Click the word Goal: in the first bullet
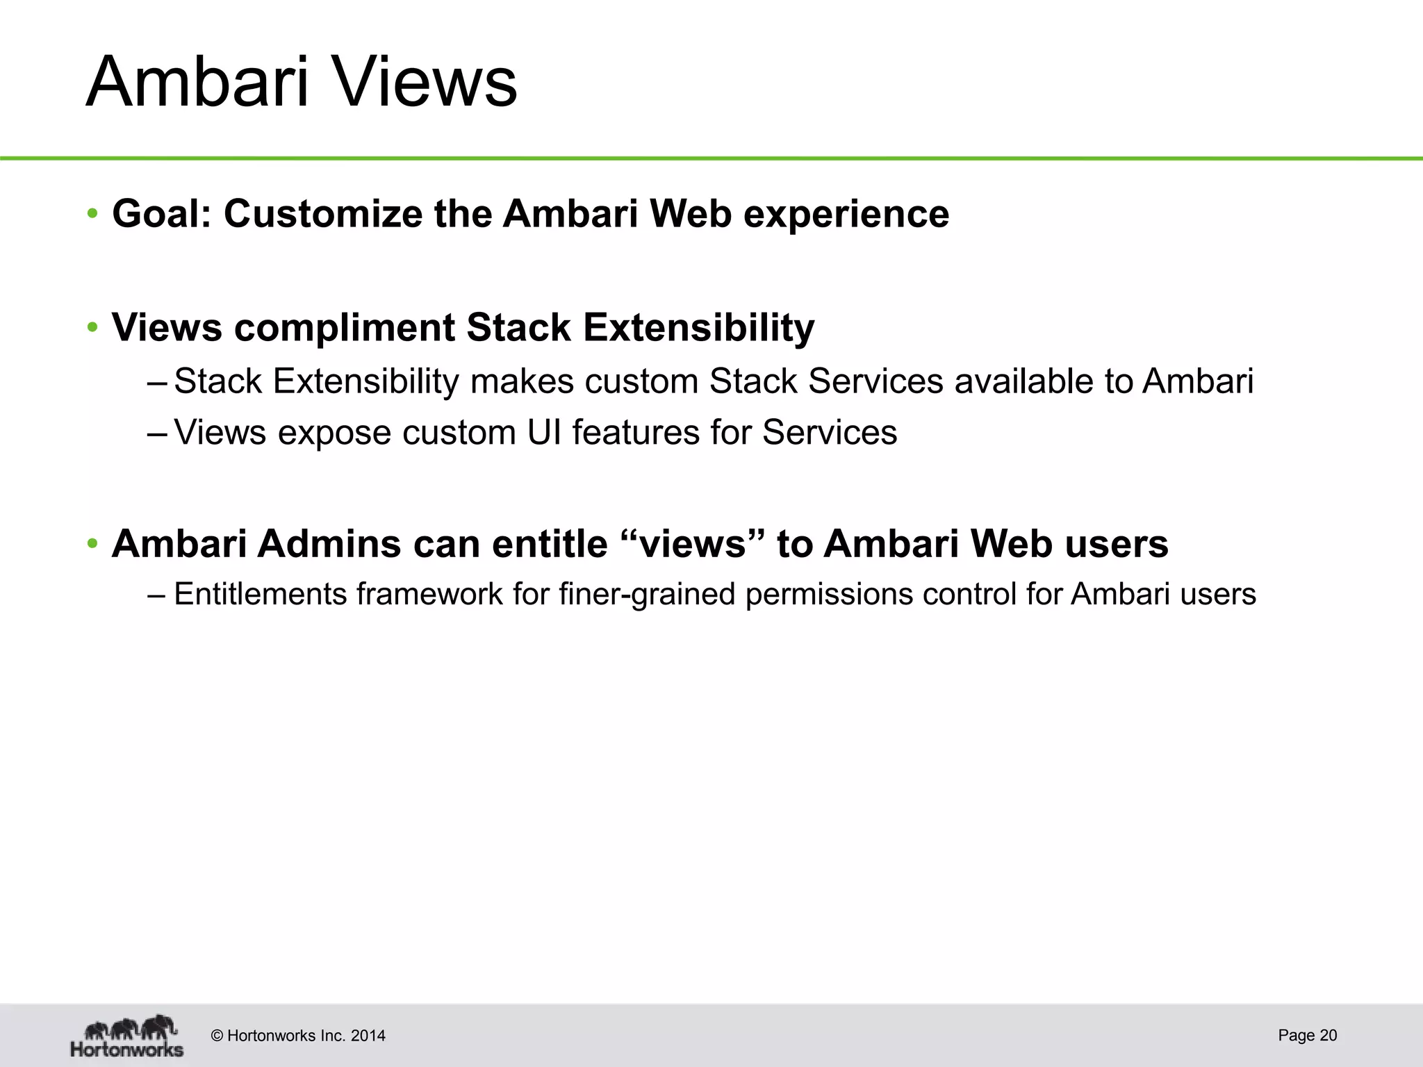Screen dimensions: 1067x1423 (x=161, y=213)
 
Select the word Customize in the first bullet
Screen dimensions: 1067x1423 (x=322, y=213)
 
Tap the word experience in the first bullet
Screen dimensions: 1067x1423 (x=846, y=213)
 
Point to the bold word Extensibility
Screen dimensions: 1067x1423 (x=698, y=327)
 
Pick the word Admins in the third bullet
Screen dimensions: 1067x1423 (x=329, y=543)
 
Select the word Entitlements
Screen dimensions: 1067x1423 (x=260, y=595)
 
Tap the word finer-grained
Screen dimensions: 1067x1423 (x=647, y=595)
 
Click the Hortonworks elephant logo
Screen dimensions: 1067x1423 (x=127, y=1036)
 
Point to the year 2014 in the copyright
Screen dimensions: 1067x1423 (x=368, y=1036)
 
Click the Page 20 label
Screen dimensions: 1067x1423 (x=1307, y=1035)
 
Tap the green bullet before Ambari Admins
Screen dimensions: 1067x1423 (x=92, y=543)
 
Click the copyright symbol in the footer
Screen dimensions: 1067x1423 (x=217, y=1036)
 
